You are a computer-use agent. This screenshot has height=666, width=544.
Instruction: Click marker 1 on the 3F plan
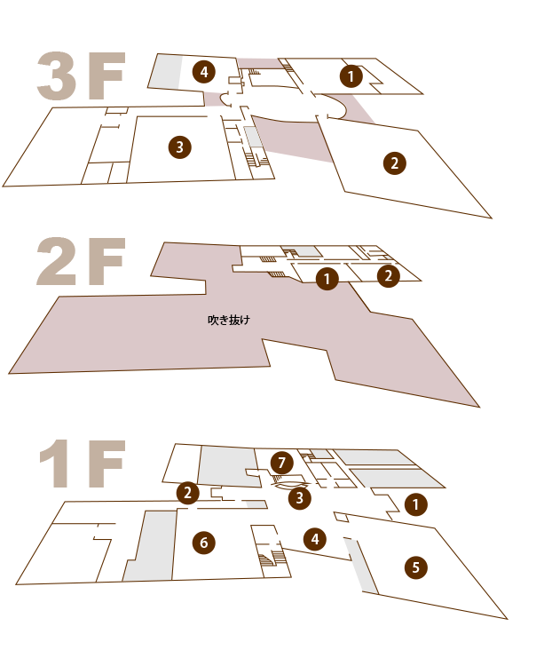[x=351, y=76]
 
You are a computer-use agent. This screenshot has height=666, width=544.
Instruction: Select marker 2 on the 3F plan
[x=395, y=163]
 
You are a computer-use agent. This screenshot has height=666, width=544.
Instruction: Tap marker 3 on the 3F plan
[x=180, y=147]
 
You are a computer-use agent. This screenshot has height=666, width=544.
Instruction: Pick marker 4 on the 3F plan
[x=204, y=72]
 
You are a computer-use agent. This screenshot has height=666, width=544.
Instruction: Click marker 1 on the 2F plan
[x=327, y=279]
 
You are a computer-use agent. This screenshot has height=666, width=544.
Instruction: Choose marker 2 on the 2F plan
[x=389, y=276]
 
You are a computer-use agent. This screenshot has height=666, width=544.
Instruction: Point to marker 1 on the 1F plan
[x=415, y=504]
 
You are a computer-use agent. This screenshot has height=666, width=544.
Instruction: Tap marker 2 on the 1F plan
[x=187, y=493]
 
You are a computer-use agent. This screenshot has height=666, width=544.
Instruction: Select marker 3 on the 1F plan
[x=300, y=498]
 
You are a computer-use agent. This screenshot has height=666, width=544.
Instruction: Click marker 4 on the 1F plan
[x=315, y=539]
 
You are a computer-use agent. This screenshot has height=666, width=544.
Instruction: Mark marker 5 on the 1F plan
[x=416, y=567]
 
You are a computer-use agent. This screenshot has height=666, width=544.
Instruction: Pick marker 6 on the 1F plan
[x=204, y=543]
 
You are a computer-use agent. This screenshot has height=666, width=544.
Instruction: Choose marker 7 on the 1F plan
[x=282, y=463]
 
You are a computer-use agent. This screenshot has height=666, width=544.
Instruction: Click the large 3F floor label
[x=81, y=76]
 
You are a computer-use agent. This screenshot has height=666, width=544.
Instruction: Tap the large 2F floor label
[x=81, y=261]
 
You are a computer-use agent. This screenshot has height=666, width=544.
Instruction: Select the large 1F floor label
[x=83, y=464]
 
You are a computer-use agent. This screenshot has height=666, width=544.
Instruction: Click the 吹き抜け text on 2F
[x=229, y=320]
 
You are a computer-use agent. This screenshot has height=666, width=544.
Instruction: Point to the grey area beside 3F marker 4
[x=165, y=72]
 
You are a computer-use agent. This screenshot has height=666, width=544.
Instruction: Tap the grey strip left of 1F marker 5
[x=360, y=566]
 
